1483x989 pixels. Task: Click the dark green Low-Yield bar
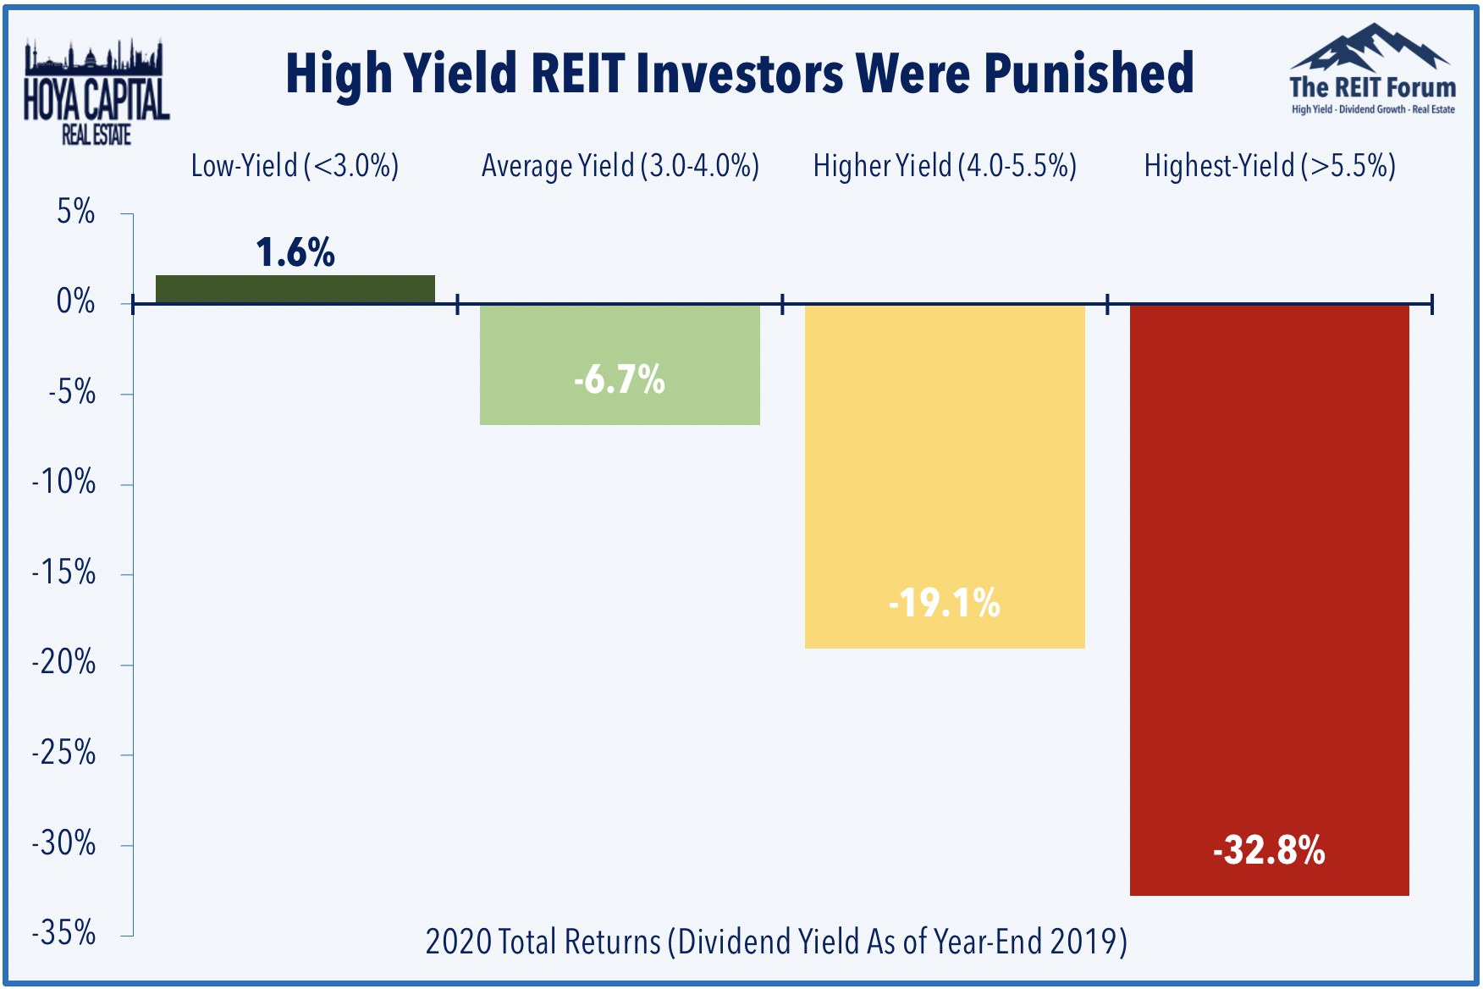tap(295, 290)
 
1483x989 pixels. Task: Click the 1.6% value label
tap(295, 252)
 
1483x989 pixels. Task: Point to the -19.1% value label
tap(944, 604)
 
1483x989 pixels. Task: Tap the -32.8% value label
tap(1269, 850)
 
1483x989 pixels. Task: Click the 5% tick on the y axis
tap(76, 212)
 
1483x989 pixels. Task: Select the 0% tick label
tap(76, 301)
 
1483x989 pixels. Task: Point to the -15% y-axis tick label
tap(64, 573)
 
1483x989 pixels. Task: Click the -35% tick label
tap(64, 933)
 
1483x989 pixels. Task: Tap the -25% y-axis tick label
tap(64, 753)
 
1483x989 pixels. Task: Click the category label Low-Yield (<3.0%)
tap(295, 166)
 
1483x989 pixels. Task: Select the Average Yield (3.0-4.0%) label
tap(620, 166)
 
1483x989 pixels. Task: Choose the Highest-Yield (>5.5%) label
tap(1269, 166)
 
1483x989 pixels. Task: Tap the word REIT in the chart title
tap(577, 74)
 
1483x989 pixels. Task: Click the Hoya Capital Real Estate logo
tap(96, 93)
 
